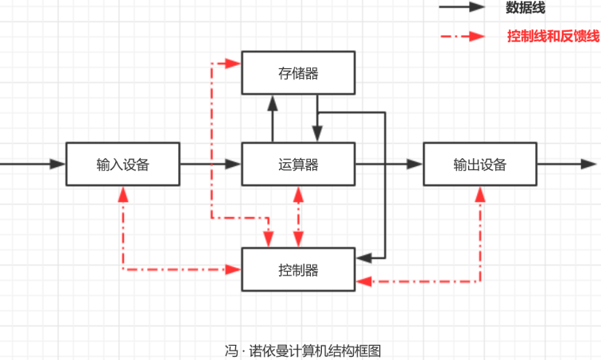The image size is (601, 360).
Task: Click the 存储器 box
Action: tap(298, 73)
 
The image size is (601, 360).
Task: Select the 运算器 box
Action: tap(298, 165)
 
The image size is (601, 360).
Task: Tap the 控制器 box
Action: tap(298, 269)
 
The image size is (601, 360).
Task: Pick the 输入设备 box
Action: tap(122, 165)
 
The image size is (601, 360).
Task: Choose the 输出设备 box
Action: tap(479, 165)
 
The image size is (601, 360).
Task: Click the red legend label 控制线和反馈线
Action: tap(553, 37)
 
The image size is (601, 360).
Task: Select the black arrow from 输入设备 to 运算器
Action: tap(210, 165)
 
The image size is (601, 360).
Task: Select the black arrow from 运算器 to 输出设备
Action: tap(389, 165)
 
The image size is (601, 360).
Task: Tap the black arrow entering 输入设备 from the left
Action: tap(32, 165)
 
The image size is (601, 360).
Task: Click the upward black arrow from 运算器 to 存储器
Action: tap(272, 118)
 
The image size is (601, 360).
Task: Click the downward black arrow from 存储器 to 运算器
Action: tap(317, 119)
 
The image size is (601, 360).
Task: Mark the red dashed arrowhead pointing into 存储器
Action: tap(234, 63)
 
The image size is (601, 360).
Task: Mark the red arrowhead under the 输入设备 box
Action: tap(122, 193)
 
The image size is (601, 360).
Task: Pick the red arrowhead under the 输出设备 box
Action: tap(480, 193)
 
